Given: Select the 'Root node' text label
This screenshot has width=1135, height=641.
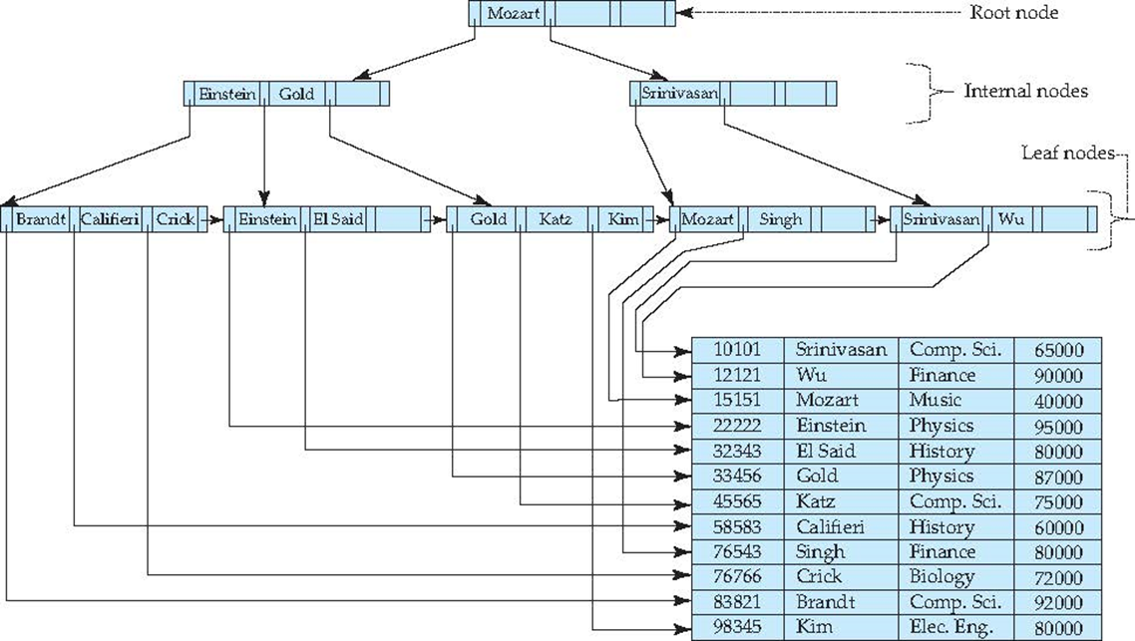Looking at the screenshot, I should click(1013, 13).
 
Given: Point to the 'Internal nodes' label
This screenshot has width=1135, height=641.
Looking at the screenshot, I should click(1025, 91).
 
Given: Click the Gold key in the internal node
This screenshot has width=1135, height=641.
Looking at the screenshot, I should click(296, 94).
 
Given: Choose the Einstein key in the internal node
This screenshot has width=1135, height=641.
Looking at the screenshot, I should click(227, 94).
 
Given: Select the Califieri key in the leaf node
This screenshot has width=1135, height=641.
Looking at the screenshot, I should click(110, 218).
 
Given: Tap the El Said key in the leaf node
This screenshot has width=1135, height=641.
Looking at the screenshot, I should click(339, 218).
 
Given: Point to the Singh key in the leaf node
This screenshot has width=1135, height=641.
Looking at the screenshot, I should click(780, 218).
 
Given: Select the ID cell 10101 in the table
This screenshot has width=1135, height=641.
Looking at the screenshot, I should click(738, 350).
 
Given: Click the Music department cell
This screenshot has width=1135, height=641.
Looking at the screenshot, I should click(936, 400).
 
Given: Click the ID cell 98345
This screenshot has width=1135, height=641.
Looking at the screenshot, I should click(738, 627).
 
